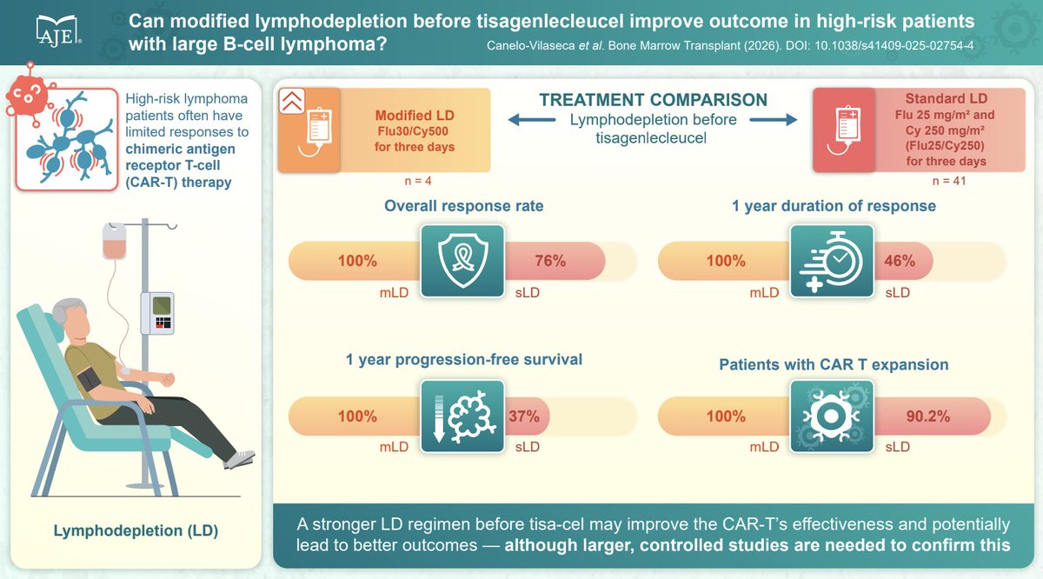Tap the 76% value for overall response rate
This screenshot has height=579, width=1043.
coord(549,261)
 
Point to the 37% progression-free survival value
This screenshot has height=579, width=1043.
coord(524,416)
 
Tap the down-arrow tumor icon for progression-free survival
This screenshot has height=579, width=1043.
coord(462,416)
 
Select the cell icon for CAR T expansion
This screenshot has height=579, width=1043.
coord(832,416)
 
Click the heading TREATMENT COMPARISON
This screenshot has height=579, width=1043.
coord(653,100)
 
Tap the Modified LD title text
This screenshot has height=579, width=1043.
coord(415,116)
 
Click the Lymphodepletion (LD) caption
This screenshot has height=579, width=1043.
coord(134,530)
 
